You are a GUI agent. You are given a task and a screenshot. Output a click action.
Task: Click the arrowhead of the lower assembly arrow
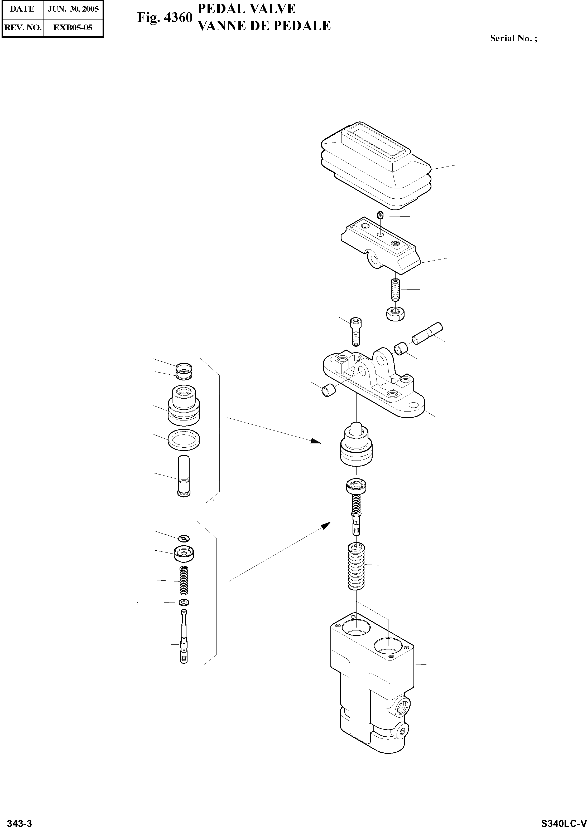pyautogui.click(x=326, y=525)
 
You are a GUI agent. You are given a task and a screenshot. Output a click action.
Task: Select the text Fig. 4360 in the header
pyautogui.click(x=165, y=18)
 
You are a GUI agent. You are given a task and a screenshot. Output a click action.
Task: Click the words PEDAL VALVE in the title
pyautogui.click(x=247, y=9)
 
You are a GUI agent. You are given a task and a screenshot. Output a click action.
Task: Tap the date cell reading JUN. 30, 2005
pyautogui.click(x=73, y=9)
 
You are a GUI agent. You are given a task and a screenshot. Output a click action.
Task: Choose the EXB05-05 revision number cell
pyautogui.click(x=73, y=27)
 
